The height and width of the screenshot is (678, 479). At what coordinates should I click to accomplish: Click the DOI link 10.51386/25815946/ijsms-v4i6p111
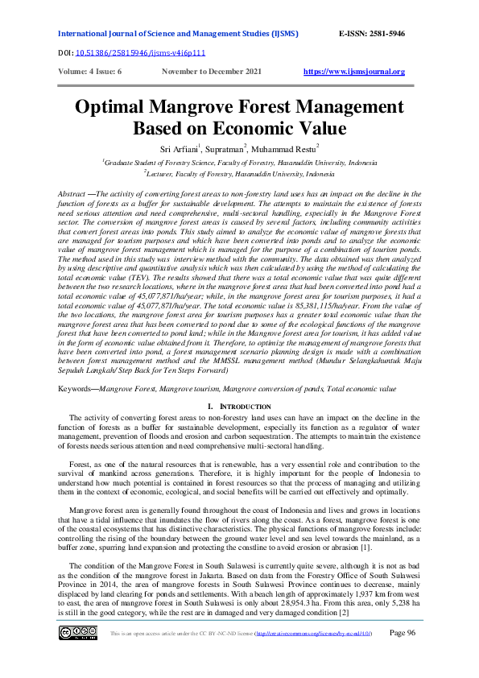pyautogui.click(x=130, y=52)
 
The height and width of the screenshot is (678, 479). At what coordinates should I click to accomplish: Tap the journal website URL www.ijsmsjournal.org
pyautogui.click(x=354, y=72)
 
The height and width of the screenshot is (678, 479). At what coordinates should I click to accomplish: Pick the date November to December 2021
pyautogui.click(x=212, y=72)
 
